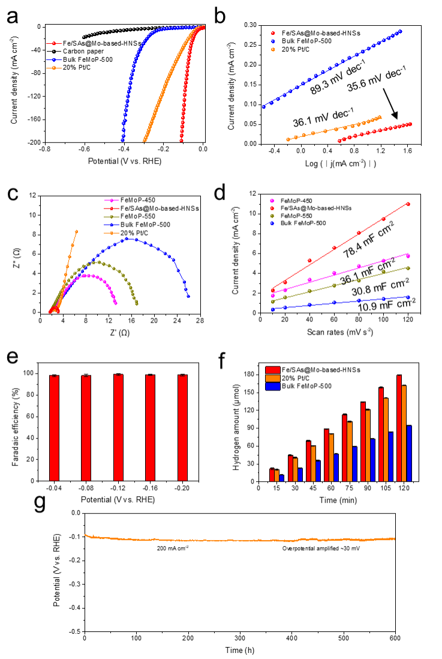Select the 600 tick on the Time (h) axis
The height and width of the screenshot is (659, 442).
pyautogui.click(x=395, y=637)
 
